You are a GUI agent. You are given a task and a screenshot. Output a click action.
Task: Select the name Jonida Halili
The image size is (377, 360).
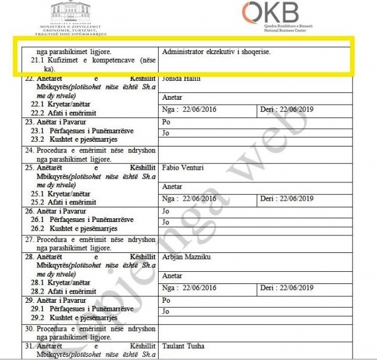pyautogui.click(x=182, y=79)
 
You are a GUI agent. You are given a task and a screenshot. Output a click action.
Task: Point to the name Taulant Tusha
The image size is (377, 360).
pyautogui.click(x=184, y=346)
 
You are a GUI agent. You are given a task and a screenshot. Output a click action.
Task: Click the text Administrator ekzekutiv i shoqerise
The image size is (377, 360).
pyautogui.click(x=216, y=52)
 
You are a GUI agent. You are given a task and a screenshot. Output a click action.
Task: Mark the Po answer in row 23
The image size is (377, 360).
pyautogui.click(x=167, y=122)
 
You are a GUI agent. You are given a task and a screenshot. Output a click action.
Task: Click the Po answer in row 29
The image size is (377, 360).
pyautogui.click(x=167, y=300)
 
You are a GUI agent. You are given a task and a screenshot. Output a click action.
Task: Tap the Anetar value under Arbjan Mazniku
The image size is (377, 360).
pyautogui.click(x=173, y=275)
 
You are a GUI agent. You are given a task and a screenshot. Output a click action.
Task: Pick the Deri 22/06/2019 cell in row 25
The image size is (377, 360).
pyautogui.click(x=286, y=198)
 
